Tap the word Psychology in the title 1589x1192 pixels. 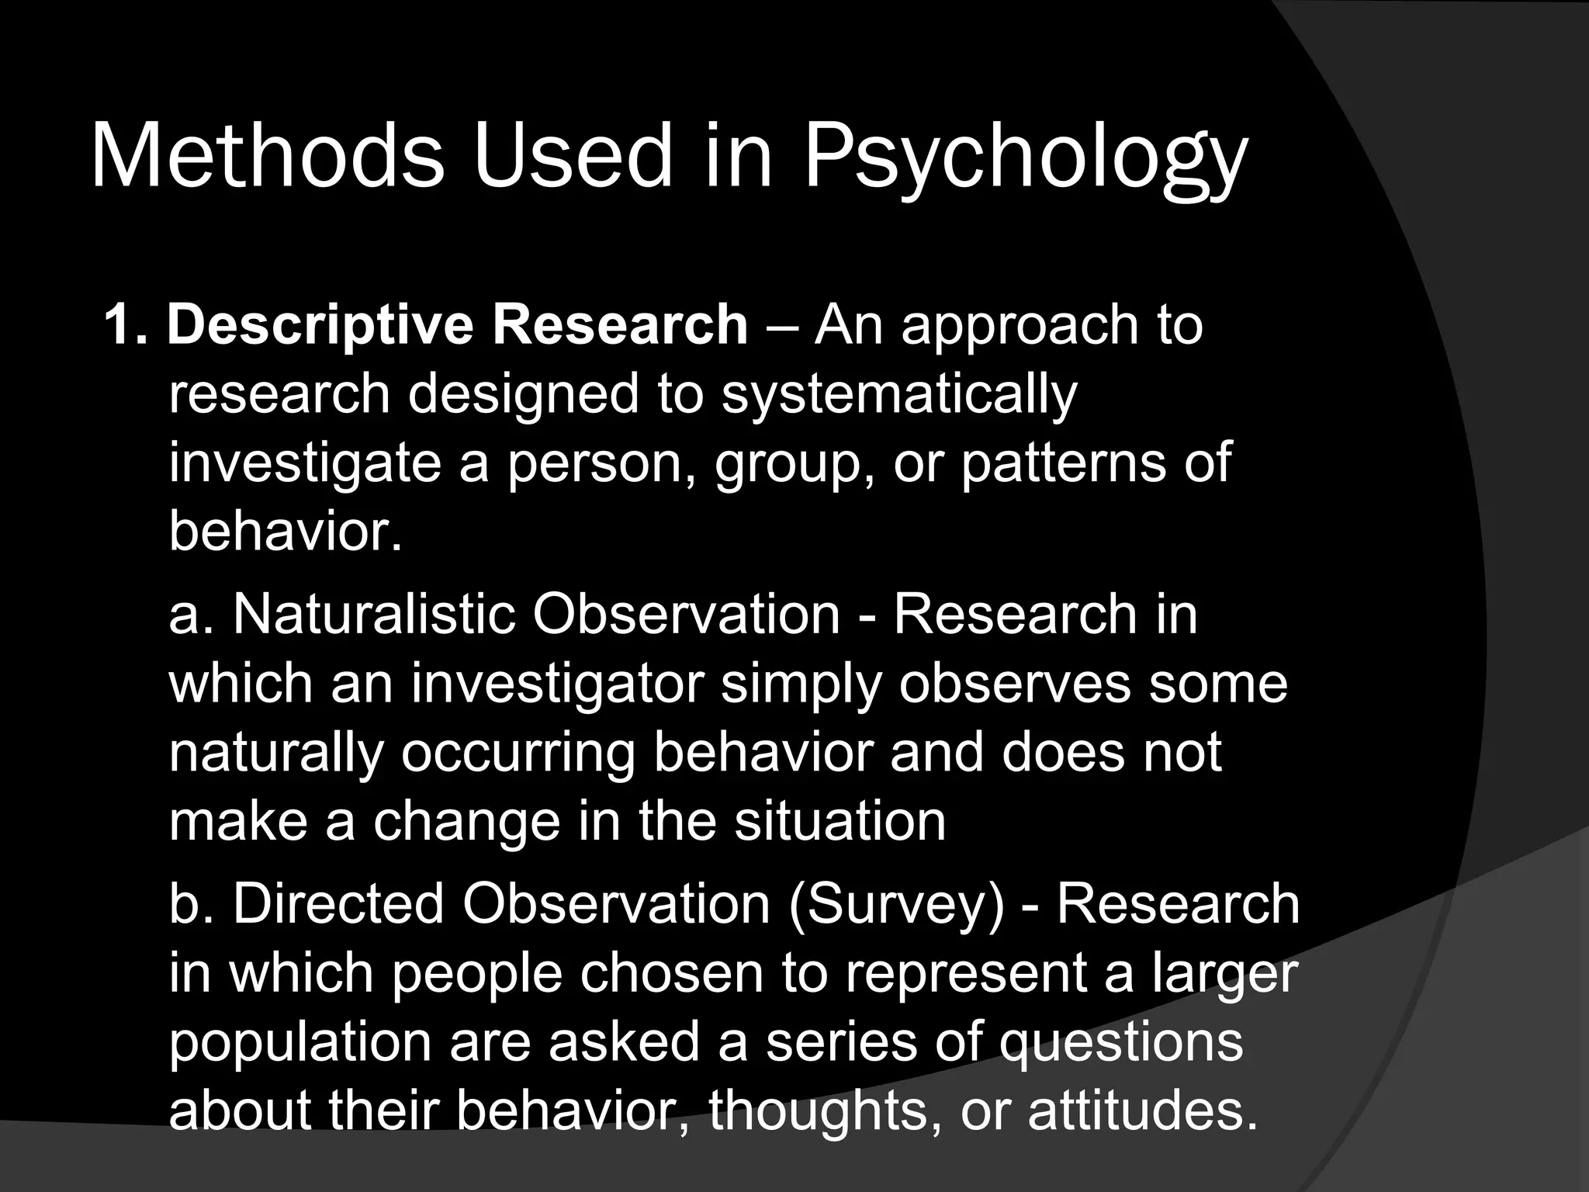[x=1025, y=159]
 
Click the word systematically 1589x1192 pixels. [x=899, y=394]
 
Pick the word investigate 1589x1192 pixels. [x=305, y=463]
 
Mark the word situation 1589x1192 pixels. [x=840, y=821]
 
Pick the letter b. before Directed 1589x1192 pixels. [x=191, y=904]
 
